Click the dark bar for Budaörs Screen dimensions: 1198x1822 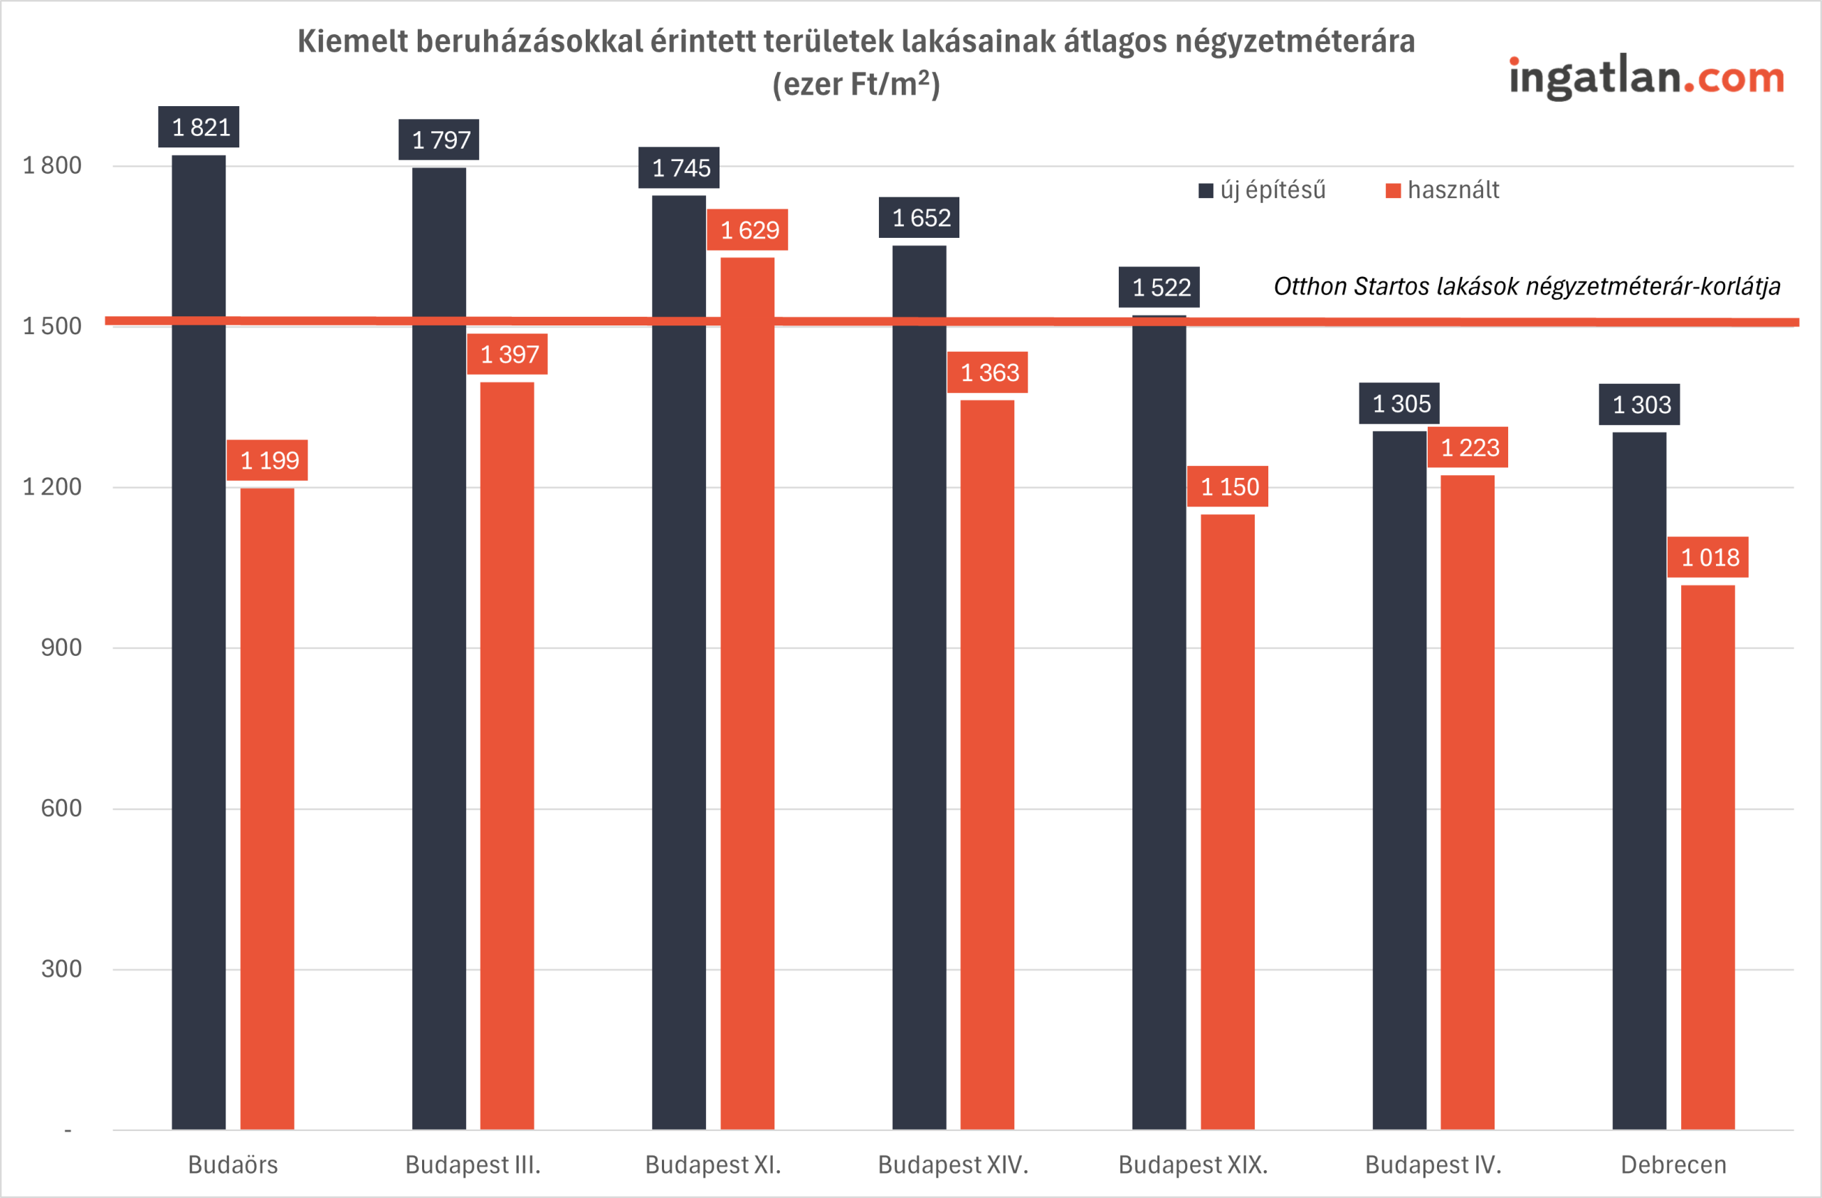[199, 643]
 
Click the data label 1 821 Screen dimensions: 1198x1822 [199, 127]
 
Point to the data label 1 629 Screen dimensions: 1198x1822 [747, 230]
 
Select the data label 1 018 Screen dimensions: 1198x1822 [1708, 558]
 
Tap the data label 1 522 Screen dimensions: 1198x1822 [1159, 287]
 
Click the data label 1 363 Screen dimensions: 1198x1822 [988, 373]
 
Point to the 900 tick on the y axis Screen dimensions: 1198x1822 [60, 648]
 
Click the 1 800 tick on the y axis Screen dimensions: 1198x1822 [52, 165]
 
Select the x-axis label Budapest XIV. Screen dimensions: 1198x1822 [953, 1165]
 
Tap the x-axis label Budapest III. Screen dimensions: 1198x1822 [473, 1165]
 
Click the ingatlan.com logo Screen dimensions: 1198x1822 [1646, 78]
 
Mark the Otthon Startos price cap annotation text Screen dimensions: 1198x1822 [1527, 286]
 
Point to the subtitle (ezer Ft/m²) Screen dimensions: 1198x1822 [856, 83]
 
